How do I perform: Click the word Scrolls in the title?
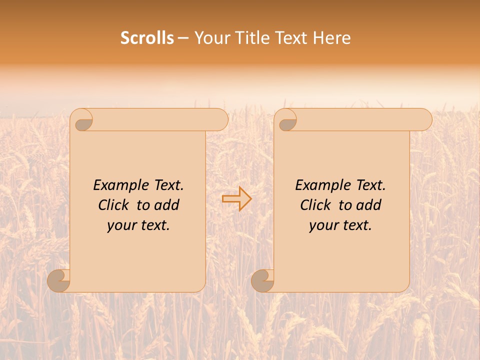click(x=147, y=38)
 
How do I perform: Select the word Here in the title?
click(x=332, y=38)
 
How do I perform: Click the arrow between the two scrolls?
click(x=237, y=199)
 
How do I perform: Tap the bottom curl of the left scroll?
click(x=59, y=280)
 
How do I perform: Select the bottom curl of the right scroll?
click(x=262, y=280)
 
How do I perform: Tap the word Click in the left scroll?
click(x=113, y=205)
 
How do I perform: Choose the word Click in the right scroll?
click(x=315, y=205)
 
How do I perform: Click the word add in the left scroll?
click(x=166, y=205)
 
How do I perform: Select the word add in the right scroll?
click(x=368, y=205)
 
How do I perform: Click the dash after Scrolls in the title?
click(x=183, y=38)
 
